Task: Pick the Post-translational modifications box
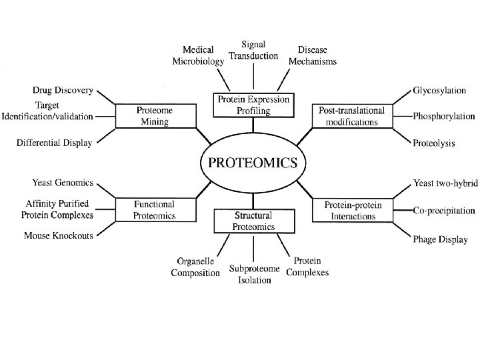click(353, 115)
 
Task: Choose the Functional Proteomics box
click(155, 209)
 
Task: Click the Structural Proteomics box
click(253, 221)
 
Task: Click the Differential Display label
click(55, 142)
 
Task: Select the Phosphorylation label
click(444, 117)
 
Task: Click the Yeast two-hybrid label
click(445, 183)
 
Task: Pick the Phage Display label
click(441, 239)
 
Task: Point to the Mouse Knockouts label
click(59, 236)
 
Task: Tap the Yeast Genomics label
click(62, 183)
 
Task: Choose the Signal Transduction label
click(253, 50)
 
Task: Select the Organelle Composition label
click(195, 267)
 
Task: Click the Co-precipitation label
click(444, 211)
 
